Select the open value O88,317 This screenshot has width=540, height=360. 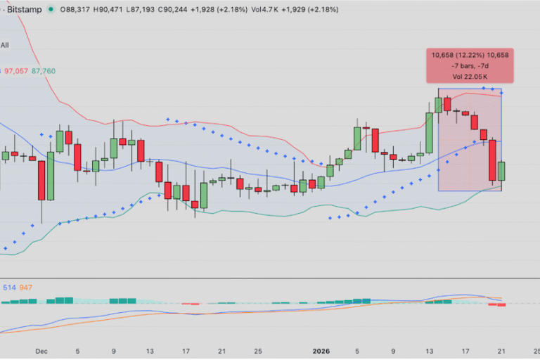78,10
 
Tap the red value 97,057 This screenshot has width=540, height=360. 16,71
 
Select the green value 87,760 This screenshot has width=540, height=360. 44,71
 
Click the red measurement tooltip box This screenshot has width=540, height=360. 465,65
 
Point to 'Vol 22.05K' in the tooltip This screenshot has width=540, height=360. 465,75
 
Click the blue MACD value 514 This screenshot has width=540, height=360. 9,287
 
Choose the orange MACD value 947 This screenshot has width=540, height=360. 26,287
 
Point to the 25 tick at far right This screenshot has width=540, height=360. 536,350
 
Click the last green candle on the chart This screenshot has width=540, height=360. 501,171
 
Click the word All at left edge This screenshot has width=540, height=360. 5,45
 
